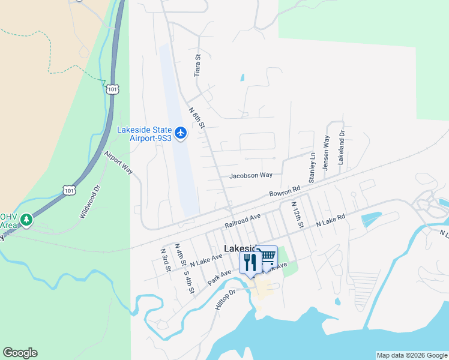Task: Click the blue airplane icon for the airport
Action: (181, 132)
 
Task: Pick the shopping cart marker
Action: (267, 257)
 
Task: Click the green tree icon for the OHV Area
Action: (26, 220)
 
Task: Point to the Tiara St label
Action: (197, 64)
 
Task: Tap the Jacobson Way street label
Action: (251, 175)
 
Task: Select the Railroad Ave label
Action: (243, 220)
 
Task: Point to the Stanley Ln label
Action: (312, 167)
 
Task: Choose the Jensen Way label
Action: (327, 153)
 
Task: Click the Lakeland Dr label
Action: (341, 148)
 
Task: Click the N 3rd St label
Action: (165, 259)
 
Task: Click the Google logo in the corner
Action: (20, 353)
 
